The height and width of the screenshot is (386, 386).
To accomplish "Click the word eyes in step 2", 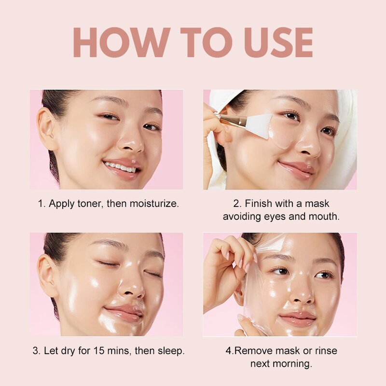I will pos(272,217).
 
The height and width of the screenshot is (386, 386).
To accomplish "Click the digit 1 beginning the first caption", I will pos(41,204).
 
